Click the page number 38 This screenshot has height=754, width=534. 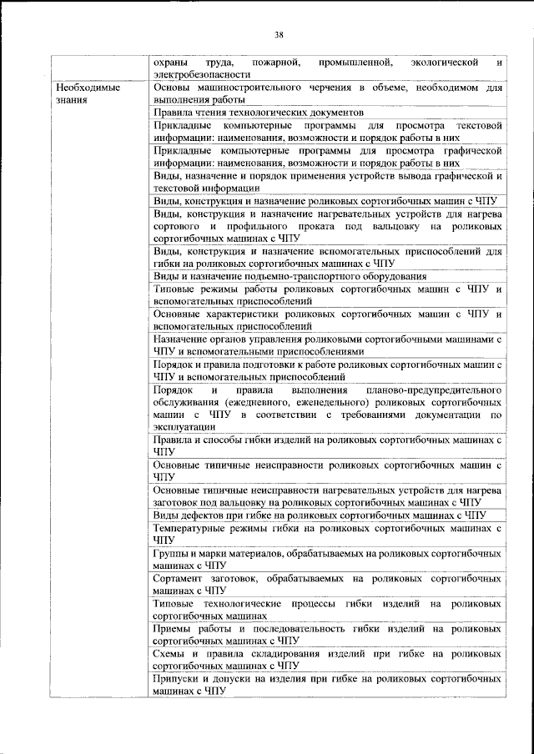(x=280, y=34)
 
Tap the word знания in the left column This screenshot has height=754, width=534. (x=70, y=98)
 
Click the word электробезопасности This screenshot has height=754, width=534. (x=197, y=74)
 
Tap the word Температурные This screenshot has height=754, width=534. (x=194, y=528)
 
